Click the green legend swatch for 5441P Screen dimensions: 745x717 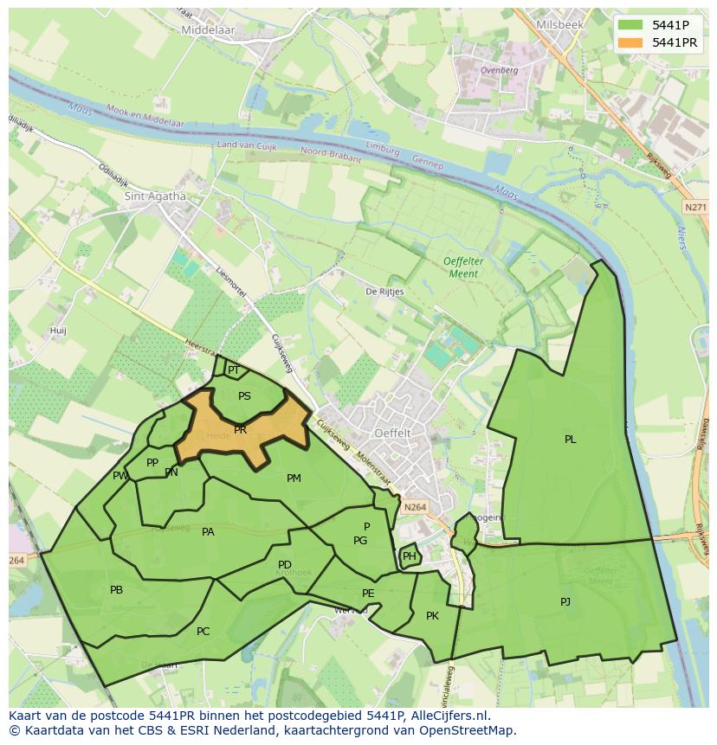click(x=631, y=26)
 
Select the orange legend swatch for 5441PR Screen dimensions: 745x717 click(x=631, y=42)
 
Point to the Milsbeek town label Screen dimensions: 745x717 click(x=559, y=25)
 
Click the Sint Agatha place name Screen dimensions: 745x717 click(x=156, y=196)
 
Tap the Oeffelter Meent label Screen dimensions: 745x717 click(x=460, y=267)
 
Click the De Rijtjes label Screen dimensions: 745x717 click(x=384, y=292)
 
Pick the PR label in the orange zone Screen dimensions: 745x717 click(x=241, y=429)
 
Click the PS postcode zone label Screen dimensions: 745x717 click(x=244, y=396)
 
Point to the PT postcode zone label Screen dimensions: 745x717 click(x=233, y=370)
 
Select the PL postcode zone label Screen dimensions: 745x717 click(x=570, y=440)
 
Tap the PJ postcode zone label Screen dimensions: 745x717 click(x=565, y=601)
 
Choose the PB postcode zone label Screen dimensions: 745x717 click(x=116, y=590)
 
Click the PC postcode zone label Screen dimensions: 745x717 click(x=203, y=632)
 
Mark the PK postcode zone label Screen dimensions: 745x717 click(x=432, y=616)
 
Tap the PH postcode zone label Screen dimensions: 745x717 click(x=410, y=556)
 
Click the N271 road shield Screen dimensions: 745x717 click(x=694, y=208)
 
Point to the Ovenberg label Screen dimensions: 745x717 click(x=499, y=70)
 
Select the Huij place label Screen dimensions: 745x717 click(x=58, y=331)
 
